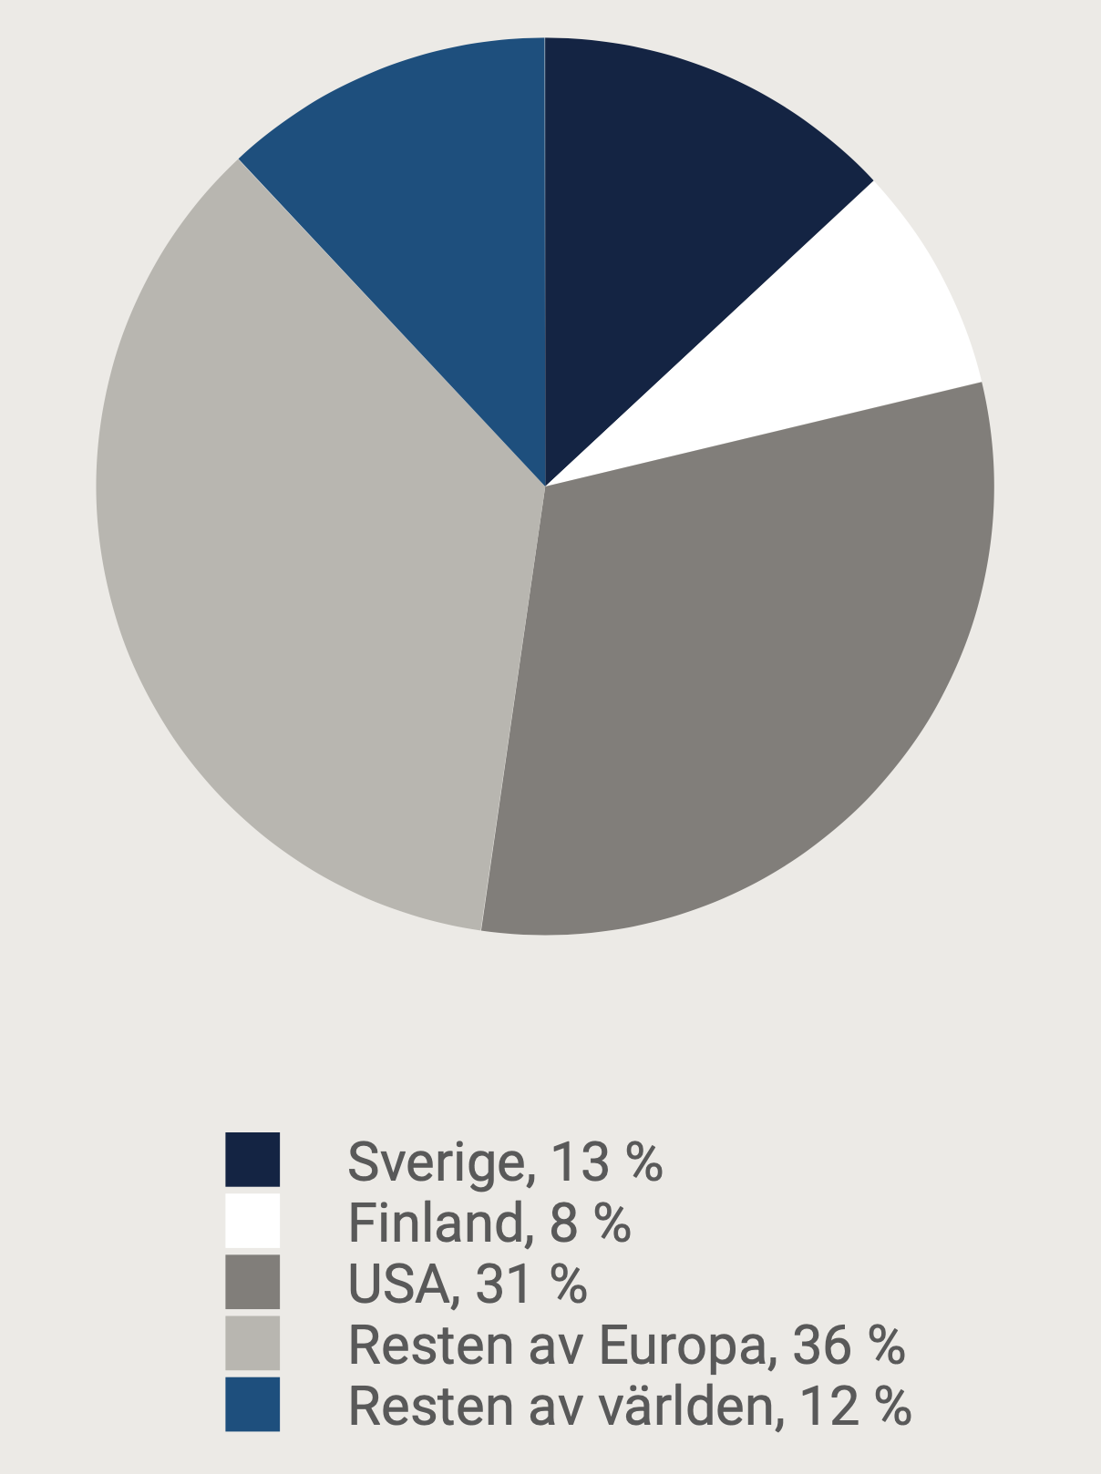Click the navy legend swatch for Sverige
tap(252, 1160)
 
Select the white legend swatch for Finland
tap(252, 1221)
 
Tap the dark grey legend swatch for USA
tap(252, 1282)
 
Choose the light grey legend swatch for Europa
tap(252, 1343)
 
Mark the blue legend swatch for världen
tap(252, 1404)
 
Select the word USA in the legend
tap(399, 1284)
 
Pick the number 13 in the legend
tap(580, 1162)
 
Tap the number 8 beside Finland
tap(564, 1223)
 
